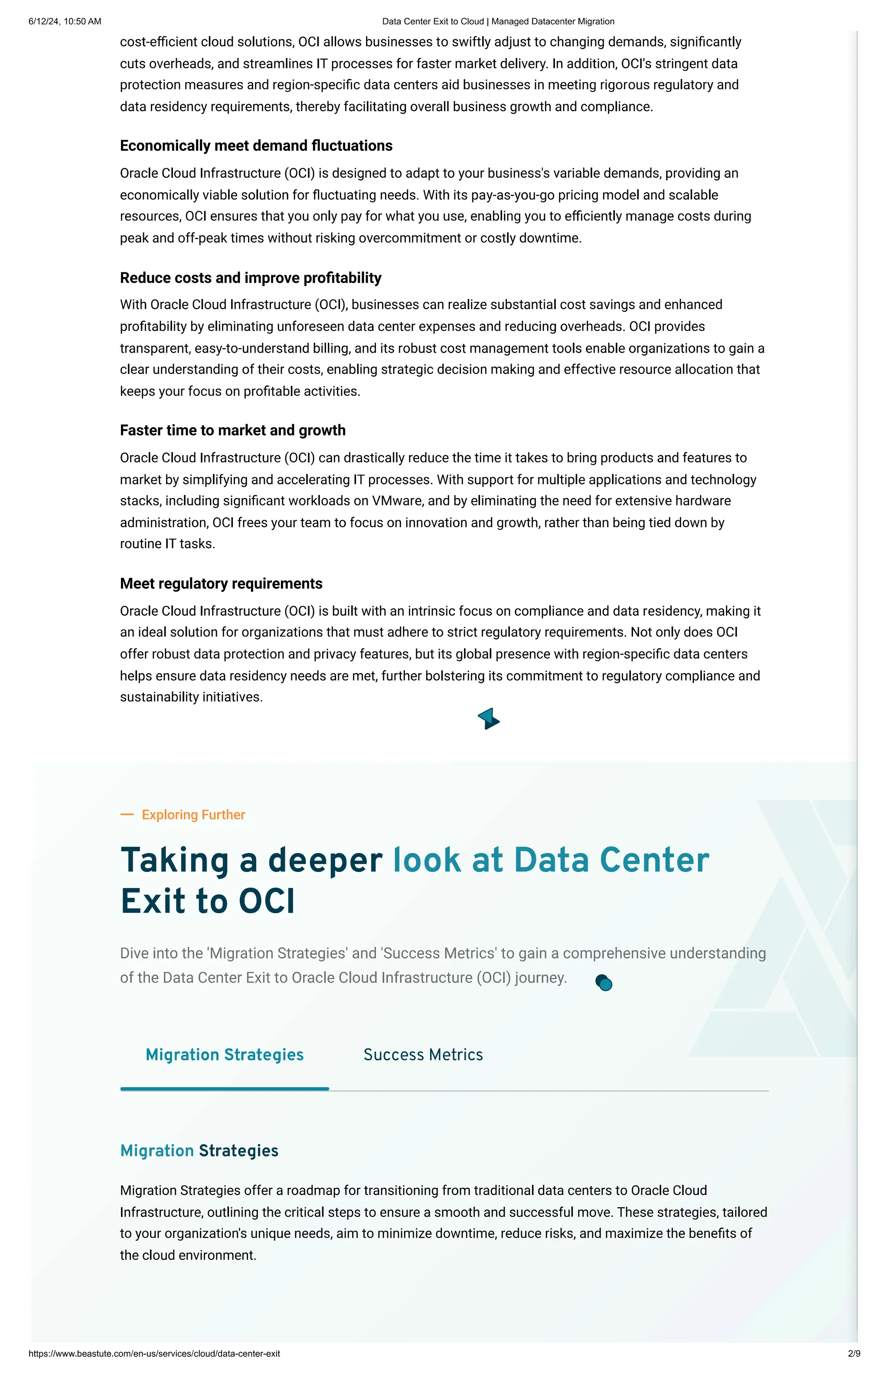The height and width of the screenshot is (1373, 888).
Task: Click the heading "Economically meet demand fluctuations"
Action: [256, 146]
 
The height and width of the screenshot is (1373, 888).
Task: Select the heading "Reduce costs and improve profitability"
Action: [250, 278]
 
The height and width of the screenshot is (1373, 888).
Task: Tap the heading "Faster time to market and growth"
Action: [232, 430]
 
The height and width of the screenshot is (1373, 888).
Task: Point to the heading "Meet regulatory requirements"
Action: [221, 584]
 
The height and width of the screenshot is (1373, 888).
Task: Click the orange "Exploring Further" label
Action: [193, 815]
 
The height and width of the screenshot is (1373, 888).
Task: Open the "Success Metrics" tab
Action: [423, 1055]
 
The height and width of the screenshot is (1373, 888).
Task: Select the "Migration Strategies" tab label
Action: [224, 1055]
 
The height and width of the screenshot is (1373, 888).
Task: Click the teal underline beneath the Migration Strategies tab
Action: [224, 1088]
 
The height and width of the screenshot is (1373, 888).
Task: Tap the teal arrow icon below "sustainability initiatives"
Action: [488, 719]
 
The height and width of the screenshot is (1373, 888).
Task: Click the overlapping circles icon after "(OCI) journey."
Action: [603, 983]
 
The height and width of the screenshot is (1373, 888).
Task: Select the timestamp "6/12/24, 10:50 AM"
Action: [65, 21]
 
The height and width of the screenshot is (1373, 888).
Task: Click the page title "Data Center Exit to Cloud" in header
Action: [498, 21]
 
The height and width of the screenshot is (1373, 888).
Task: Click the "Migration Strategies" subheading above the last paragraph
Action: [199, 1150]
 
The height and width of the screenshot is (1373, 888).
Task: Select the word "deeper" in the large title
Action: [325, 860]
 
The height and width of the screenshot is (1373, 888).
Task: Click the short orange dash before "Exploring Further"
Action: [127, 815]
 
